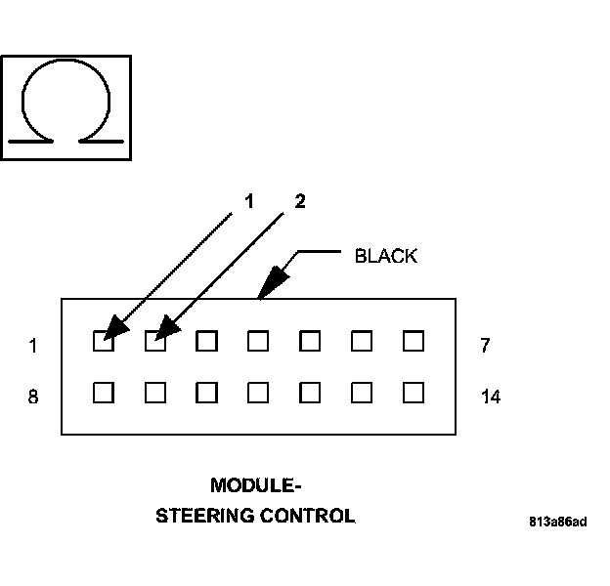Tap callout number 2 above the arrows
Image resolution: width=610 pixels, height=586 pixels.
pos(300,201)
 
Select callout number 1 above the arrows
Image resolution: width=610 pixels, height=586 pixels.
pos(249,201)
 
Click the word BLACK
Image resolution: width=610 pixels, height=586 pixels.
pos(385,257)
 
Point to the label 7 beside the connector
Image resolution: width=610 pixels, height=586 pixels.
pos(486,345)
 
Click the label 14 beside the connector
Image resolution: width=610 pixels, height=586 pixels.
pos(491,398)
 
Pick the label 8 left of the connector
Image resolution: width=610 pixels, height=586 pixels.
pos(33,398)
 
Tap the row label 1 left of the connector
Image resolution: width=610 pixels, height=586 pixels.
pos(33,345)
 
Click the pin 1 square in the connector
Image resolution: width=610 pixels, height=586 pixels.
pos(103,341)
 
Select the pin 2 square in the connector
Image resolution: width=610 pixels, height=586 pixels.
pos(154,341)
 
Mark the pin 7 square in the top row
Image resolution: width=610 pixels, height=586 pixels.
pos(414,341)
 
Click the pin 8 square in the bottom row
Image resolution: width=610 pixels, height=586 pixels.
pos(103,393)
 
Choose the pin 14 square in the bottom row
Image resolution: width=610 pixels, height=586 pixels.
pos(414,393)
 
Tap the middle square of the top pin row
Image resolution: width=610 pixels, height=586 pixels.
pos(258,341)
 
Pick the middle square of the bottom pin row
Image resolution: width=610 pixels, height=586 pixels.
pos(258,393)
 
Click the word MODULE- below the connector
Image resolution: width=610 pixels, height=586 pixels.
pos(250,484)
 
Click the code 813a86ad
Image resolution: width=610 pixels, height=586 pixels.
pos(558,521)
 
